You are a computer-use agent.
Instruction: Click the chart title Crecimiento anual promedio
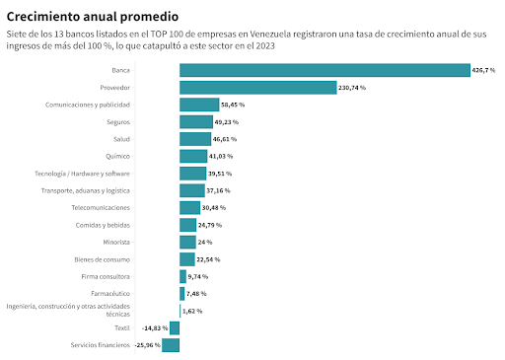93,17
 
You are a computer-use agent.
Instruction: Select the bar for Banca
325,70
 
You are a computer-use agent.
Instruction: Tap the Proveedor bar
258,88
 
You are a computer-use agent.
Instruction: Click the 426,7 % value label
483,70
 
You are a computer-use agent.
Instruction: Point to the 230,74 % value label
352,88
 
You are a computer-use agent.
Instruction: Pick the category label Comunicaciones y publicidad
88,105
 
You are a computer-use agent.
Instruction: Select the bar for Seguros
196,122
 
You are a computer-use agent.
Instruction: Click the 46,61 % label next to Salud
225,139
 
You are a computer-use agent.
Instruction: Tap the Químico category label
117,156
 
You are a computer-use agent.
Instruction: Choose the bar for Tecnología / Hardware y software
192,174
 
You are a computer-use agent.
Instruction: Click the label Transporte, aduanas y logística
86,190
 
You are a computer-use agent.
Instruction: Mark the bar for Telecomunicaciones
189,208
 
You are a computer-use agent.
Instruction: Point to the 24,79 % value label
210,225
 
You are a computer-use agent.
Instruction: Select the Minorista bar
187,242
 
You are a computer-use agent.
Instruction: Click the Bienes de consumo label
102,259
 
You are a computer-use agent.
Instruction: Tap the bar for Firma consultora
182,276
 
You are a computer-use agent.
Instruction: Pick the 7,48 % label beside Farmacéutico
196,294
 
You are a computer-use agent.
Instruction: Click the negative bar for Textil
175,328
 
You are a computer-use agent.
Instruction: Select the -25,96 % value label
148,345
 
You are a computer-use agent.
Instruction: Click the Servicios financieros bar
171,345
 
